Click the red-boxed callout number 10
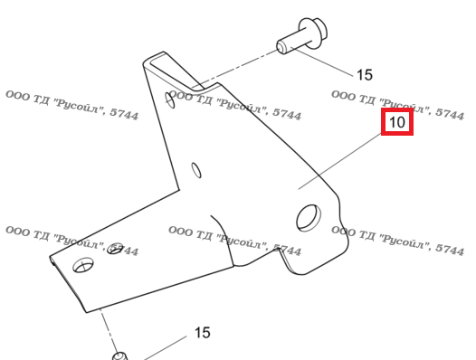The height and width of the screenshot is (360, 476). coord(396,122)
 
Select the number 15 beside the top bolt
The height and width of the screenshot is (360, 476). coord(365,75)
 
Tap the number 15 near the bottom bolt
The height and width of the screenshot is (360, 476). coord(202,333)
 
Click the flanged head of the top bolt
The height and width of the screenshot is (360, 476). coord(313,33)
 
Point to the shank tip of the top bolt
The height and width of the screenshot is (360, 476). coord(282,47)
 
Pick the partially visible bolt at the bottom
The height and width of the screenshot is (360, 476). coord(119,355)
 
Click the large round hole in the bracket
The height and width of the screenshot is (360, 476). coord(308,218)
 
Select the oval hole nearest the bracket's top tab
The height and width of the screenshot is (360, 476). coord(170,100)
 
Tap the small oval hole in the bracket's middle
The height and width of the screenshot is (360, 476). coord(196,170)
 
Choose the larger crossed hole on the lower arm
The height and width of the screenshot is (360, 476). coord(83,265)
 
